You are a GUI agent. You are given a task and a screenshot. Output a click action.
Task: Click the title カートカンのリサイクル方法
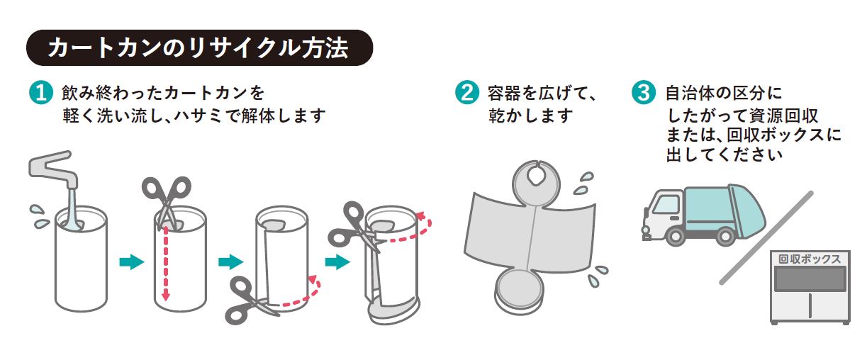198,48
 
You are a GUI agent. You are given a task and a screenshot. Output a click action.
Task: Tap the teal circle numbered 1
40,93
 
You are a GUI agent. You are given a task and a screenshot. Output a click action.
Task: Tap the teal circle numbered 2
466,93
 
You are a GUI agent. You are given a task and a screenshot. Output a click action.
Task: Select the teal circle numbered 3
643,93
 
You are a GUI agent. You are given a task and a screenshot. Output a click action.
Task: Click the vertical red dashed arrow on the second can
165,262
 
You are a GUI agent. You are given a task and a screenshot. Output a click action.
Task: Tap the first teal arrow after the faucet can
131,262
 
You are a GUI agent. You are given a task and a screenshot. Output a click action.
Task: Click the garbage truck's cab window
665,205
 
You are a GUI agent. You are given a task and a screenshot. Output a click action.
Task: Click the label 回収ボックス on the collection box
810,259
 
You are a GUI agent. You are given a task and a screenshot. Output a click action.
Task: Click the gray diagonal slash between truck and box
766,237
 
